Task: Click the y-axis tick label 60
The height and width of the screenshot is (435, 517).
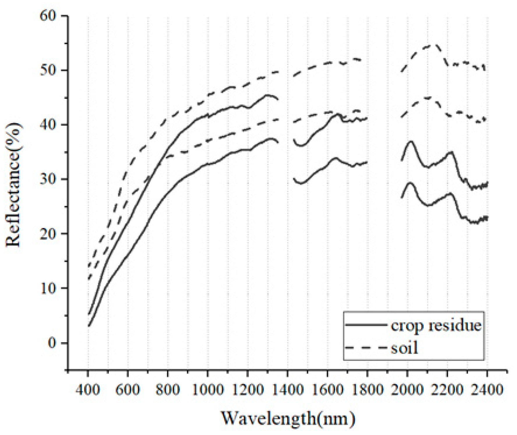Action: pyautogui.click(x=48, y=15)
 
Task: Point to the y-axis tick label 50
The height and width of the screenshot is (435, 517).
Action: pyautogui.click(x=48, y=70)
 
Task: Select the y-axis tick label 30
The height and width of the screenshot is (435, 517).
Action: pyautogui.click(x=48, y=179)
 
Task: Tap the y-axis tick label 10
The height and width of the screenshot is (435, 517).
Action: pyautogui.click(x=48, y=288)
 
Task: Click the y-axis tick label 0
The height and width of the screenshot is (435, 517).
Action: pyautogui.click(x=52, y=343)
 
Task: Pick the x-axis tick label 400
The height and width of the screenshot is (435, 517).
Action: pyautogui.click(x=88, y=390)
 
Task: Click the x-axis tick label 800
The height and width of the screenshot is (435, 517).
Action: pyautogui.click(x=168, y=390)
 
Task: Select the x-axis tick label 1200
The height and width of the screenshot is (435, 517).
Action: pyautogui.click(x=247, y=390)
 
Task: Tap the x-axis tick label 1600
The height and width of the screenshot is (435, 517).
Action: pyautogui.click(x=327, y=390)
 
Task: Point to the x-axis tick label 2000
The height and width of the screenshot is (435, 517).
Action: pyautogui.click(x=407, y=390)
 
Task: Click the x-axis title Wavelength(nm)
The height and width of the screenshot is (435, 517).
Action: pyautogui.click(x=288, y=419)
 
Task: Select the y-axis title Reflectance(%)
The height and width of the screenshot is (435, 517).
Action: pyautogui.click(x=13, y=185)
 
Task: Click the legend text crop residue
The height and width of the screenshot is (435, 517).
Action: pyautogui.click(x=436, y=325)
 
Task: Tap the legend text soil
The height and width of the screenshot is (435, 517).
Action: pyautogui.click(x=404, y=348)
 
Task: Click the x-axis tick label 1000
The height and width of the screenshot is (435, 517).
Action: pyautogui.click(x=207, y=390)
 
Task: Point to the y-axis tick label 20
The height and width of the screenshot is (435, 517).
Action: pyautogui.click(x=48, y=234)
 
